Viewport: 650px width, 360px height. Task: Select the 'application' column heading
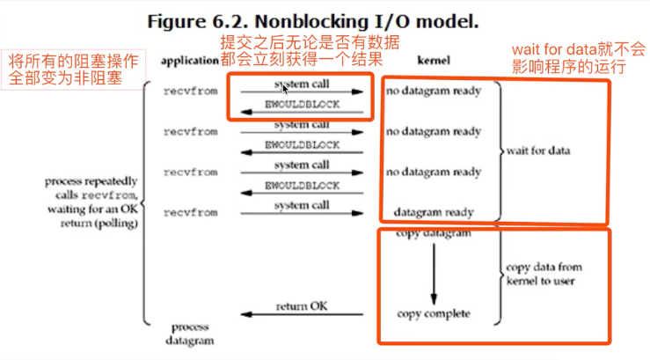pyautogui.click(x=189, y=61)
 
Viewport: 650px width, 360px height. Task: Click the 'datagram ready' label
pyautogui.click(x=434, y=212)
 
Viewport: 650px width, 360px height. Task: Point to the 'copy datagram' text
pyautogui.click(x=434, y=234)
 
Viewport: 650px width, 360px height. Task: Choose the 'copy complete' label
pyautogui.click(x=434, y=313)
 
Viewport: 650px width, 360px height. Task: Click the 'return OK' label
pyautogui.click(x=302, y=305)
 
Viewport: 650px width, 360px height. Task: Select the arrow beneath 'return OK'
pyautogui.click(x=302, y=315)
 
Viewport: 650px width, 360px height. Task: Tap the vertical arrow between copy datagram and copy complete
pyautogui.click(x=433, y=273)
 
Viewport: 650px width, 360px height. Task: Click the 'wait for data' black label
pyautogui.click(x=538, y=151)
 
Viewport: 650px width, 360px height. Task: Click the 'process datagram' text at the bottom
pyautogui.click(x=189, y=333)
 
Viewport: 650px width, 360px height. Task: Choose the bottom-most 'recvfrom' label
pyautogui.click(x=190, y=213)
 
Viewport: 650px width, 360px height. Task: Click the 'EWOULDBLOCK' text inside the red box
pyautogui.click(x=302, y=105)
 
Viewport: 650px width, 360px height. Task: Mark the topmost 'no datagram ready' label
pyautogui.click(x=434, y=91)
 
